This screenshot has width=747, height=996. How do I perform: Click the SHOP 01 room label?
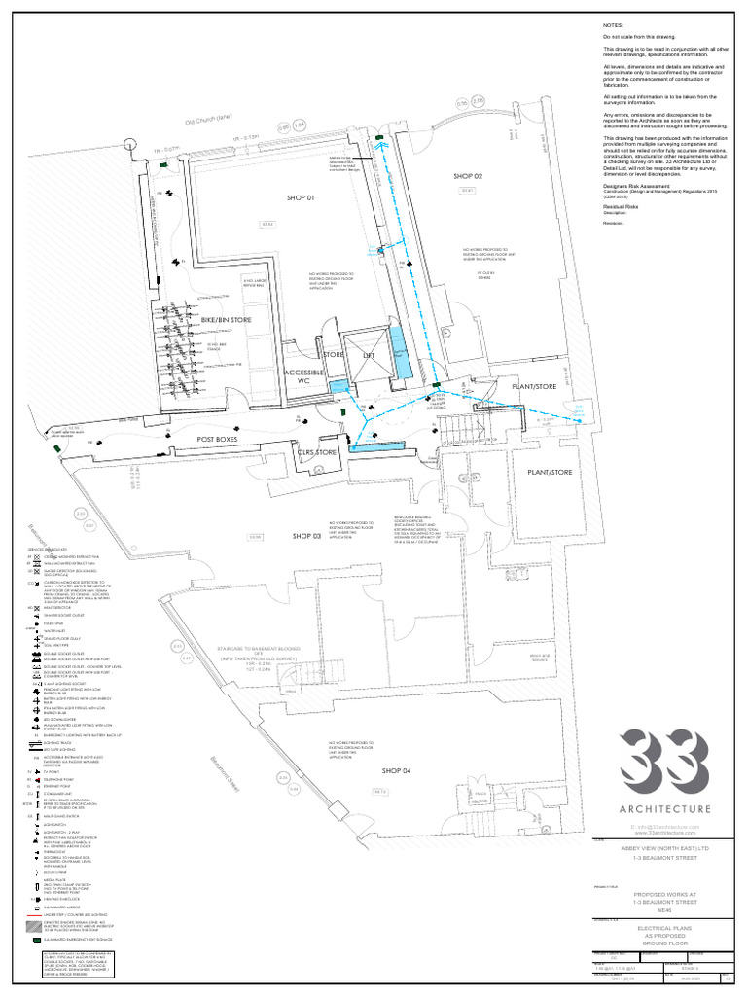[302, 197]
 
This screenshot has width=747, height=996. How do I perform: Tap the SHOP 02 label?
[468, 176]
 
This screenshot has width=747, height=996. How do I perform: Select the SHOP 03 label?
[306, 536]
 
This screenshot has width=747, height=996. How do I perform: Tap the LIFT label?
[368, 356]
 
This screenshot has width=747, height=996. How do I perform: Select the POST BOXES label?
[218, 441]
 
